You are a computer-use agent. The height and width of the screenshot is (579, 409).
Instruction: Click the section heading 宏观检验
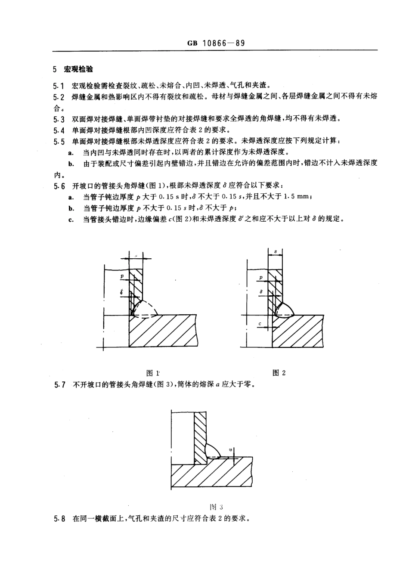coord(78,69)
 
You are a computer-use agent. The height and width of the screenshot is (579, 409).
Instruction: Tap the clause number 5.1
coord(59,86)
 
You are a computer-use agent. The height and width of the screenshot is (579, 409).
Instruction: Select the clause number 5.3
coord(59,119)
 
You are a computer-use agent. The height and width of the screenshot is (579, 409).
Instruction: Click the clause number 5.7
coord(59,384)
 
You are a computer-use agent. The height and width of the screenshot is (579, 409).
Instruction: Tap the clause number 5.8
coord(59,519)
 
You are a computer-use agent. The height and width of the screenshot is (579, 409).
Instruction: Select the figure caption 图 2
coord(279,373)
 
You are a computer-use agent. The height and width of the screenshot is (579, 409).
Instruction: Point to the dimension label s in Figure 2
coord(275,251)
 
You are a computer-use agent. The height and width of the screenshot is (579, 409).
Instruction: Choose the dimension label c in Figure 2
coord(260,324)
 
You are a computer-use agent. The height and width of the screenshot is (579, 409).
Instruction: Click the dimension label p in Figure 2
coord(261,278)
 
